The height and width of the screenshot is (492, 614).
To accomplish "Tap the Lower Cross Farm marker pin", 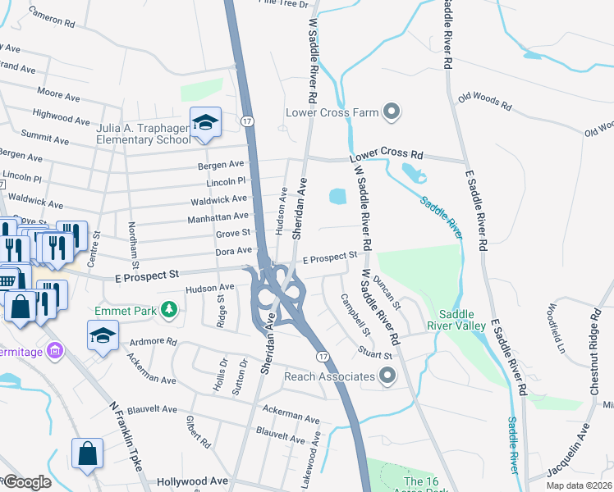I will point(392,112).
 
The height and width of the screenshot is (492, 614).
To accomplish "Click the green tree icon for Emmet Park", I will point(169,310).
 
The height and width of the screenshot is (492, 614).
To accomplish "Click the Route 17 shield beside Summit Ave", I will point(246,121).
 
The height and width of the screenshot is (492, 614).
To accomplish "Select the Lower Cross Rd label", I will point(386,155).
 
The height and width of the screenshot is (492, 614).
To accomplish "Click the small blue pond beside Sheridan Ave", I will point(337,197).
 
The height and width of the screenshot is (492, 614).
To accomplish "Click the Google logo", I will point(26,482).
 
